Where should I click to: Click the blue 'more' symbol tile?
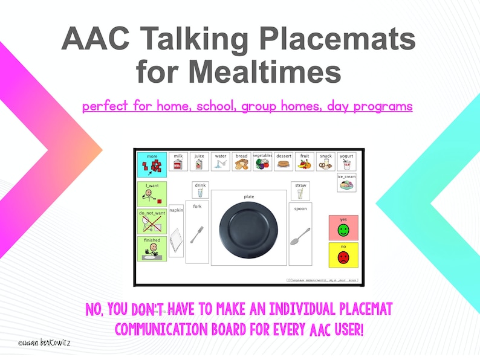[x=152, y=164]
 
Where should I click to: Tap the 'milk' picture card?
[x=178, y=162]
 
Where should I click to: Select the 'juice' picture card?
[x=199, y=162]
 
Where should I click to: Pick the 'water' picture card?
[x=221, y=162]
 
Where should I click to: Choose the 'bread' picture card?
[x=241, y=162]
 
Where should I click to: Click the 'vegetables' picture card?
[x=262, y=162]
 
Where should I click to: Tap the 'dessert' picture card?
[x=284, y=162]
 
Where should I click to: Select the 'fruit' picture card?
[x=305, y=162]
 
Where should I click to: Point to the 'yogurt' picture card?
[x=346, y=162]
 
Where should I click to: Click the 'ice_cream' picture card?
[x=346, y=182]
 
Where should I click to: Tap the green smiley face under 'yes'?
[x=343, y=230]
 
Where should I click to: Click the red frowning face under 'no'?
[x=343, y=257]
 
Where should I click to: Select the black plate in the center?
[x=248, y=228]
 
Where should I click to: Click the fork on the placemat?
[x=196, y=234]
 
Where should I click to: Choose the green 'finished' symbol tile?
[x=152, y=249]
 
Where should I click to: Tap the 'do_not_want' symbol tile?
[x=152, y=222]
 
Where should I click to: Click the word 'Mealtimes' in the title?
[x=238, y=72]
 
